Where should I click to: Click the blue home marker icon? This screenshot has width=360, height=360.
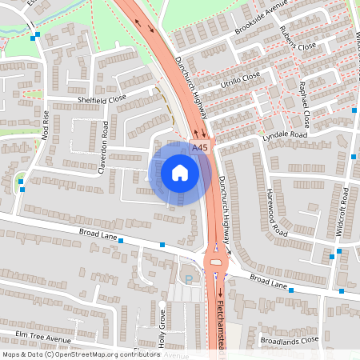pos(180,172)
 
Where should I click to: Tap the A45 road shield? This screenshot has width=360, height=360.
pos(201,147)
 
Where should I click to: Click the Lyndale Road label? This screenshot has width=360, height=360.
pos(285,136)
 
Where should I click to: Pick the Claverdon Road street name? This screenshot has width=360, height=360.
pos(103,147)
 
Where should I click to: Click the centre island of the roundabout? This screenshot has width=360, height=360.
pos(215,262)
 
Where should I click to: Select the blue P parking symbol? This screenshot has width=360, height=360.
pos(189,278)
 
